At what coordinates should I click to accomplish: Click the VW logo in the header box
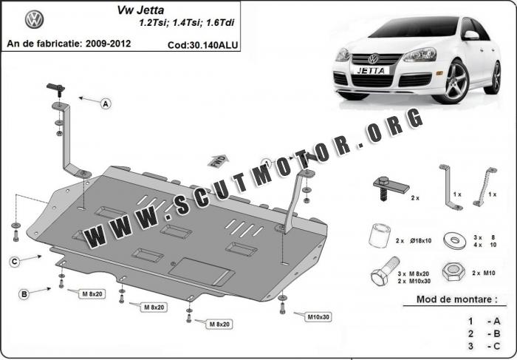click(x=34, y=19)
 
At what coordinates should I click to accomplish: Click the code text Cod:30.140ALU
click(x=202, y=45)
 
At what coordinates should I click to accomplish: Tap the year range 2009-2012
click(x=108, y=44)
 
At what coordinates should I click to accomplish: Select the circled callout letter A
click(x=106, y=104)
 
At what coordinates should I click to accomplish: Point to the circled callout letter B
click(x=24, y=294)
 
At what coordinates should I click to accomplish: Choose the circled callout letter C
click(x=15, y=262)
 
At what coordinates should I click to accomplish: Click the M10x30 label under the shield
click(x=318, y=317)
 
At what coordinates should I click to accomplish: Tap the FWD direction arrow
click(x=219, y=161)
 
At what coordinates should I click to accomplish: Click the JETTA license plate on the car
click(x=372, y=71)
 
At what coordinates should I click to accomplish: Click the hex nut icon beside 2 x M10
click(x=453, y=271)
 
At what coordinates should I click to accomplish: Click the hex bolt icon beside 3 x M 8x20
click(x=384, y=273)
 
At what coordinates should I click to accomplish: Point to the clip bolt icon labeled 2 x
click(x=391, y=188)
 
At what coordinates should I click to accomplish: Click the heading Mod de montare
click(x=456, y=299)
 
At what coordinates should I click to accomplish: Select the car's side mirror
click(x=471, y=35)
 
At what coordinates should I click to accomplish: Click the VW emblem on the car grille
click(x=373, y=59)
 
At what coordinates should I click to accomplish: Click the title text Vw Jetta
click(x=140, y=10)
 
